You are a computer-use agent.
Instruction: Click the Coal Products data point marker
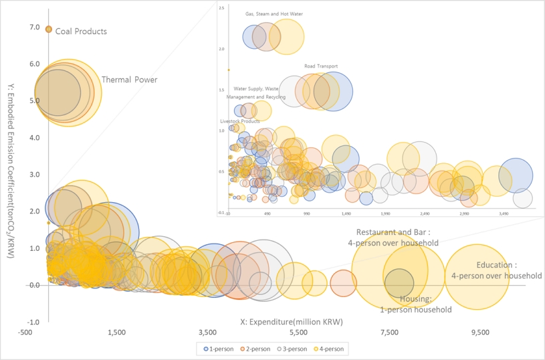(x=48, y=29)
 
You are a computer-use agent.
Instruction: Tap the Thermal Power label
(x=129, y=80)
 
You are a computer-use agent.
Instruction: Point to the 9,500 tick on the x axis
(x=480, y=333)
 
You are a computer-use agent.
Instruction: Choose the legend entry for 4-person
(x=332, y=349)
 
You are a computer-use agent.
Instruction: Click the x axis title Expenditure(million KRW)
(x=291, y=322)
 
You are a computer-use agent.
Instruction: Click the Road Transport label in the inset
(x=321, y=66)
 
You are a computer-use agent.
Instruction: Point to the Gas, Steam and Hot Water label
(x=273, y=13)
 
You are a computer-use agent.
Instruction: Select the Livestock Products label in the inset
(x=240, y=121)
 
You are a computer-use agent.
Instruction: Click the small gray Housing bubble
(x=399, y=282)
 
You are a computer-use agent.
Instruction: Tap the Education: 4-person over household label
(x=496, y=270)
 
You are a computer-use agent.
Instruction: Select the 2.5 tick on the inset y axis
(x=222, y=8)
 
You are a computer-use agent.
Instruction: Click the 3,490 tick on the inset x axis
(x=504, y=214)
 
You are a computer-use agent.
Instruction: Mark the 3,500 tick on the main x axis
(x=207, y=333)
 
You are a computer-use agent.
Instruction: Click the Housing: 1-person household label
(x=415, y=304)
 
